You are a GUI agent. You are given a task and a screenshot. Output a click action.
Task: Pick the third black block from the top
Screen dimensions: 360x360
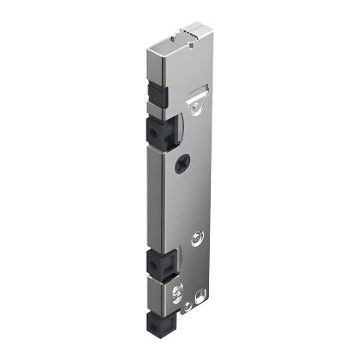[x=159, y=262]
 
